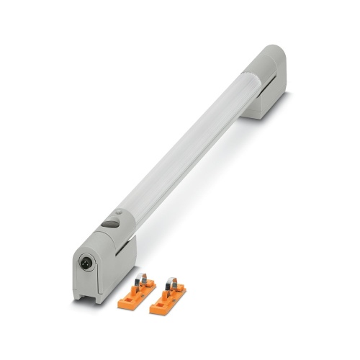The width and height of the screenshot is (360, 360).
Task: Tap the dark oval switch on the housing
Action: [x=110, y=224]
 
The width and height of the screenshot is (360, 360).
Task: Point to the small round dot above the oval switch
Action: [x=119, y=212]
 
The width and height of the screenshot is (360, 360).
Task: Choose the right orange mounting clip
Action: [x=168, y=297]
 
